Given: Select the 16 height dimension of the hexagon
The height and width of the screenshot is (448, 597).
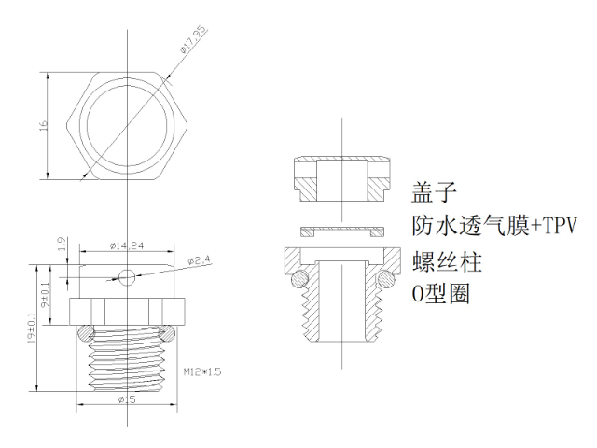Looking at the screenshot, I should pos(42,125).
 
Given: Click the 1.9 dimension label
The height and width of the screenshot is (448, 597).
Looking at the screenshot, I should pos(62,245).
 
